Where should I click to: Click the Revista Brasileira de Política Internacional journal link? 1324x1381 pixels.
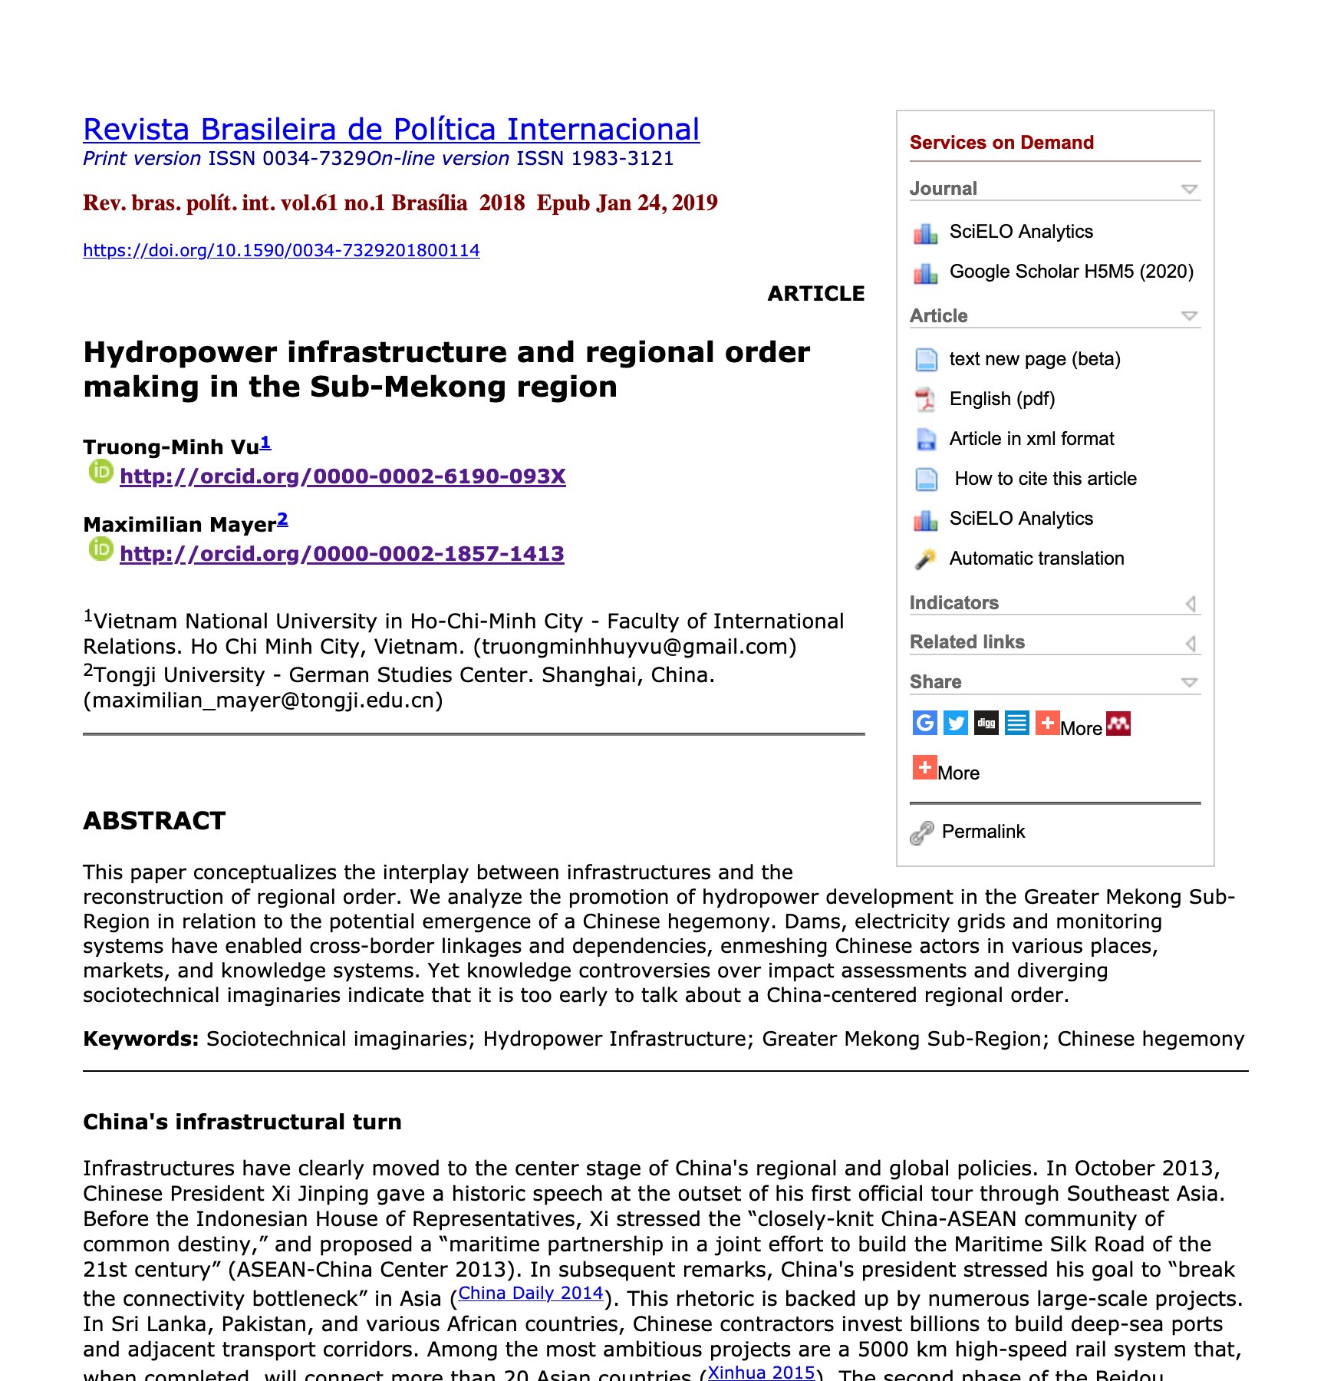point(391,130)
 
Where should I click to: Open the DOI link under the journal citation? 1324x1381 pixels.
point(281,250)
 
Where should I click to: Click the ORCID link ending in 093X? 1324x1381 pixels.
point(342,476)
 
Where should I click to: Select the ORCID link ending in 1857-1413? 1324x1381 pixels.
point(341,554)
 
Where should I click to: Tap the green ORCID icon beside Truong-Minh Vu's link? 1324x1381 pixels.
point(100,472)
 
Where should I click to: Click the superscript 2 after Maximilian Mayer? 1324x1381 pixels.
point(282,519)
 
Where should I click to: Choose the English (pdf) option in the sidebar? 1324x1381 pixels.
point(1002,399)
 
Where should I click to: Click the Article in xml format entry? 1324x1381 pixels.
point(1031,439)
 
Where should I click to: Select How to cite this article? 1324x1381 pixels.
point(1045,479)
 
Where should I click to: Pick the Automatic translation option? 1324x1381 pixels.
point(1036,559)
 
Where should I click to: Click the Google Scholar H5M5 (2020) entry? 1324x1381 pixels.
point(1071,272)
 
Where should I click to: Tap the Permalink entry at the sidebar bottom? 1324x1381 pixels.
point(983,832)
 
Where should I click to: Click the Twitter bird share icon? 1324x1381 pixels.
point(956,723)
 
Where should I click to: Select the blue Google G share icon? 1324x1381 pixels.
point(925,723)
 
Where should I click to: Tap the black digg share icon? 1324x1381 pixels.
point(986,723)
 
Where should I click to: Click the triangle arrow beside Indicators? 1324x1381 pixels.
point(1191,604)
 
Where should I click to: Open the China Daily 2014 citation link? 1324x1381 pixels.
point(530,1294)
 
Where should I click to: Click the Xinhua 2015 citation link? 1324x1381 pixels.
point(761,1373)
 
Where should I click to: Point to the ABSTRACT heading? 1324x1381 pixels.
point(154,821)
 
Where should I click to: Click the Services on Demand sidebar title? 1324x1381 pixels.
point(1001,143)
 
